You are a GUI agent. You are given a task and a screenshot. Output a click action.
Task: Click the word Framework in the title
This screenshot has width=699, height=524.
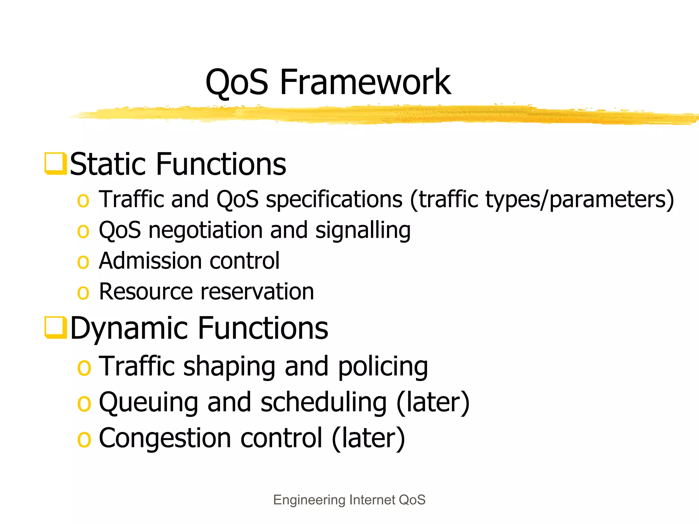(365, 82)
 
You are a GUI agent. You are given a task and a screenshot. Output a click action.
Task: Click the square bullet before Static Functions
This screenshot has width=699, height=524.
(55, 164)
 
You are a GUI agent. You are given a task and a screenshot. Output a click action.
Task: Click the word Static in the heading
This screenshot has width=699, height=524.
(109, 164)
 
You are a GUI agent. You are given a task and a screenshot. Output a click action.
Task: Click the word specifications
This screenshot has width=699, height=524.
(334, 200)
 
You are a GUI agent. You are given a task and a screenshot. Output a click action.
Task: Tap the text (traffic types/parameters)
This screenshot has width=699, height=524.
(542, 200)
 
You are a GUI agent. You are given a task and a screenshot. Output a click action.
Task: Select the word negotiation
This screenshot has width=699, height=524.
(205, 231)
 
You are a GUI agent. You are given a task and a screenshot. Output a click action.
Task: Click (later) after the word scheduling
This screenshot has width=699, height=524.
(433, 403)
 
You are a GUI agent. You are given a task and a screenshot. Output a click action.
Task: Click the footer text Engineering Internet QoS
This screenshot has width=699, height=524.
(349, 500)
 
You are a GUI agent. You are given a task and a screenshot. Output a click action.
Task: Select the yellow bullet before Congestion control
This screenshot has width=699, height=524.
(84, 439)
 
